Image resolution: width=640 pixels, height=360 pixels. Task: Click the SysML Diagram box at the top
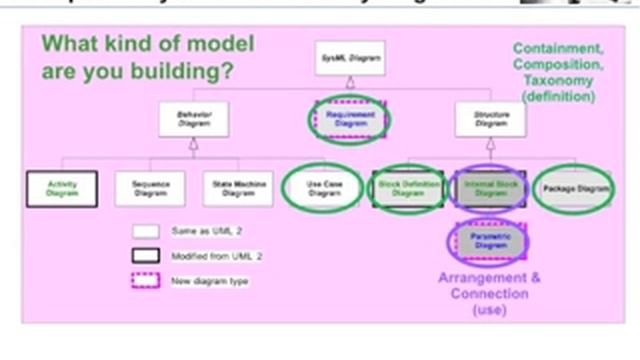pyautogui.click(x=349, y=58)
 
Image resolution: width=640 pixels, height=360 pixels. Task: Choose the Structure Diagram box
pyautogui.click(x=490, y=119)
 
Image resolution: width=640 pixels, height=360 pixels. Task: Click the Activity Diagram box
pyautogui.click(x=61, y=188)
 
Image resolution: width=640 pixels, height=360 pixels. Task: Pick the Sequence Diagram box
pyautogui.click(x=150, y=188)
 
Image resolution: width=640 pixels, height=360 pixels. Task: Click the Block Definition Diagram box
pyautogui.click(x=408, y=188)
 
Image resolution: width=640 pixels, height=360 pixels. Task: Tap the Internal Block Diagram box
pyautogui.click(x=491, y=188)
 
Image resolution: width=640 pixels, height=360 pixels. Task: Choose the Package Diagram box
pyautogui.click(x=574, y=188)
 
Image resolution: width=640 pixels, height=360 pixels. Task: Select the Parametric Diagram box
pyautogui.click(x=491, y=240)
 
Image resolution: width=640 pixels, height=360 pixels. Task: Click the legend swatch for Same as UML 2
pyautogui.click(x=147, y=231)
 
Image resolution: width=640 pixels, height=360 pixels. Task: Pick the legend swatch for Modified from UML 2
pyautogui.click(x=147, y=256)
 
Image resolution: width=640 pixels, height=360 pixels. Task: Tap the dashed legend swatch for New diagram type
pyautogui.click(x=147, y=281)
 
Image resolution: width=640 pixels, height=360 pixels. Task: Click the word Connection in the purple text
pyautogui.click(x=490, y=294)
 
